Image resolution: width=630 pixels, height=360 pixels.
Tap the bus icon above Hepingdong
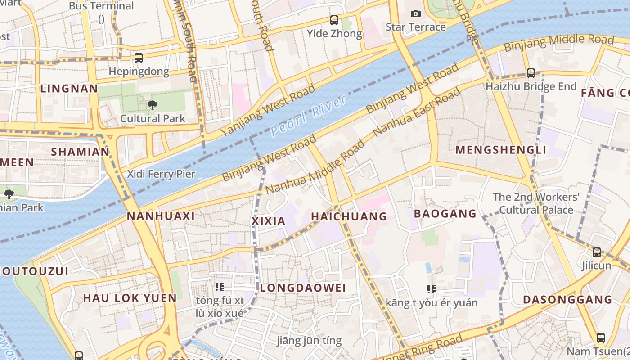point(139,58)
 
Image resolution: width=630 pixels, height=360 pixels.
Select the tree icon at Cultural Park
point(153,105)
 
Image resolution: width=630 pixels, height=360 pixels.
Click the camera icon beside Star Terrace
point(416,14)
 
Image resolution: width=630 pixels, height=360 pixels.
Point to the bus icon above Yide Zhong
point(334,20)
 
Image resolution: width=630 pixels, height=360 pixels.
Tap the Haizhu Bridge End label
point(531,86)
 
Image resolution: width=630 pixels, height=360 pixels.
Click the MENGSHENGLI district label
point(501,150)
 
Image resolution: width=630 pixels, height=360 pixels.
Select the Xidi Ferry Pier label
point(161,174)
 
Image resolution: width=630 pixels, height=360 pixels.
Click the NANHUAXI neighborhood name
point(161,216)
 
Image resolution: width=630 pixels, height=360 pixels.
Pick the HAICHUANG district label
point(349,216)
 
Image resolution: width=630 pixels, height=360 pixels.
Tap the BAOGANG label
point(445,213)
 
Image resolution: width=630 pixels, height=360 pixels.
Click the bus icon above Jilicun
point(597,252)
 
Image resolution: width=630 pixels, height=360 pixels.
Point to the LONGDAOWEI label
point(303,288)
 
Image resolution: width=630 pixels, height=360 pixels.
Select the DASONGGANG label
point(567,299)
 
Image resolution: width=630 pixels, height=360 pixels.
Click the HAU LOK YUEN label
point(130,298)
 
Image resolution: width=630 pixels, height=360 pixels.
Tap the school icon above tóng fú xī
point(220,287)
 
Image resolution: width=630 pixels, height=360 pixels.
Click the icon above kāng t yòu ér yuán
point(432,289)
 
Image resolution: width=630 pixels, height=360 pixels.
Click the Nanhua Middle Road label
point(315,167)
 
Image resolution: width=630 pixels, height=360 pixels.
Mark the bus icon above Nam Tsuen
point(600,338)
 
